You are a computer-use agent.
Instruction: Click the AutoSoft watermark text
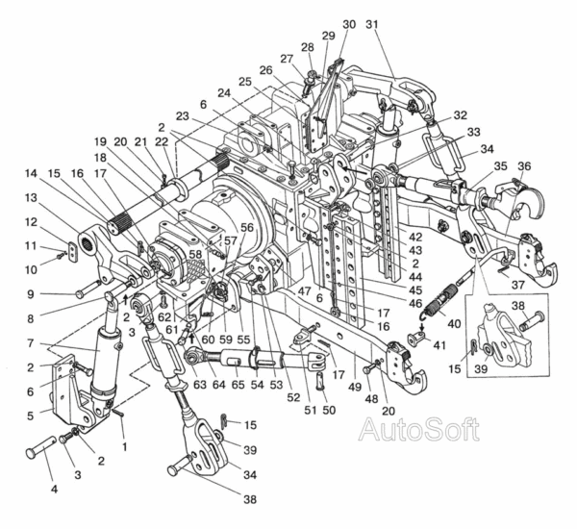tap(418, 429)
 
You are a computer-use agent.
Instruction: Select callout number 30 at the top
tap(348, 23)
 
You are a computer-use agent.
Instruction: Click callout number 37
tap(516, 285)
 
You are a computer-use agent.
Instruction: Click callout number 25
tap(245, 82)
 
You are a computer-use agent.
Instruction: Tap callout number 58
tap(195, 254)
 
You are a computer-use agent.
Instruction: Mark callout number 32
tap(461, 113)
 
